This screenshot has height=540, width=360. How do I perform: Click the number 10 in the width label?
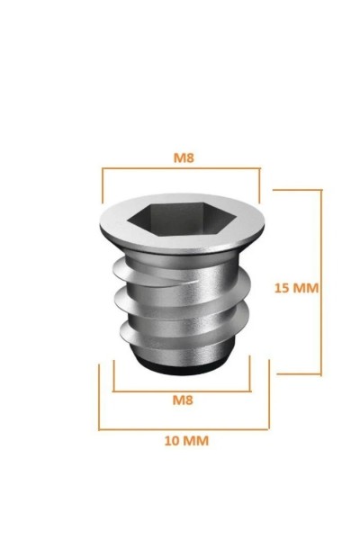point(169,441)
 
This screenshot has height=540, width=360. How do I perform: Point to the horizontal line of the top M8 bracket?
point(181,167)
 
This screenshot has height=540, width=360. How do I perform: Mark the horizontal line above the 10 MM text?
point(184,428)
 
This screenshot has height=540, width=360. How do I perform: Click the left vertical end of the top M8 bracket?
point(103,184)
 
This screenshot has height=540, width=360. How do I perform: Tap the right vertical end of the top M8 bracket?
point(259,184)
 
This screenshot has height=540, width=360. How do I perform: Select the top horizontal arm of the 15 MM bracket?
point(297,190)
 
